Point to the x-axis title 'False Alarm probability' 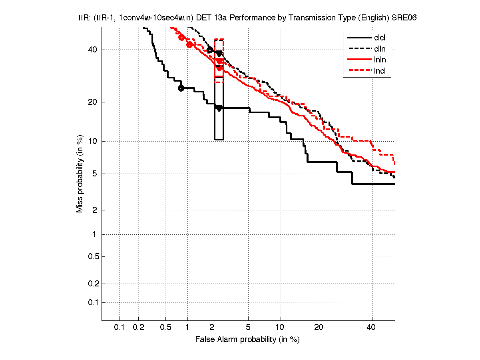pos(247,340)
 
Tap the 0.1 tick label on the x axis pos(120,328)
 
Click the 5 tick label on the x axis pos(248,328)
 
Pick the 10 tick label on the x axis pos(281,328)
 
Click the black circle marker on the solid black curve pos(181,88)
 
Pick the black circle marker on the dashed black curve pos(210,50)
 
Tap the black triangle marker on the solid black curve pos(219,108)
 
